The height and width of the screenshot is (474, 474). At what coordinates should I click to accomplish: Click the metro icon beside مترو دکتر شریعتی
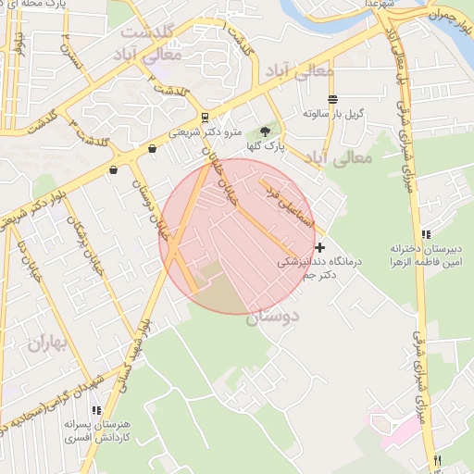205,118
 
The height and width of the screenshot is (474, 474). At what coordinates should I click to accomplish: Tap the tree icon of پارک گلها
267,132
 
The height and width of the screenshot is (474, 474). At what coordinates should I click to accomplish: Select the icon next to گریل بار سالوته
332,99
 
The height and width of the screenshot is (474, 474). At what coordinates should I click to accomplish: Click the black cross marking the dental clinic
320,247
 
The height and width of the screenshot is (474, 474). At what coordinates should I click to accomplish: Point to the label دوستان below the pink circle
274,318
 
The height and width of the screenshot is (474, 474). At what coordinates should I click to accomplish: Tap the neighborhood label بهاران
48,344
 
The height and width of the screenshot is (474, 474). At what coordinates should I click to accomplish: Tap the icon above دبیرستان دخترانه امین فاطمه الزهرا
425,235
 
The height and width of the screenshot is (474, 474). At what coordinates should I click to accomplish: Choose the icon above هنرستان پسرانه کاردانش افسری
94,410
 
